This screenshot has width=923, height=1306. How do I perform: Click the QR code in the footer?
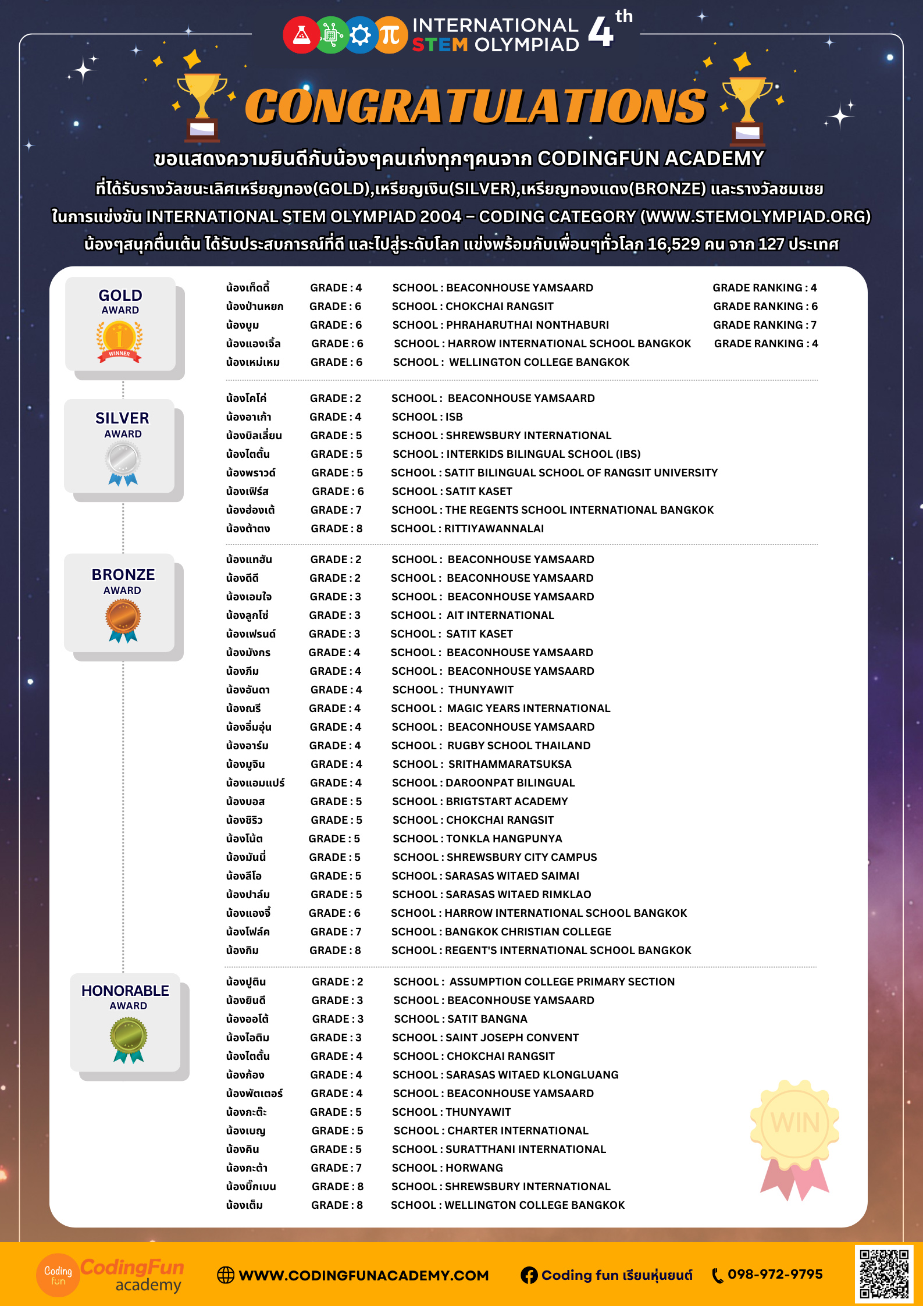coord(884,1273)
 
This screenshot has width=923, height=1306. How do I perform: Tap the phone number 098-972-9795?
coord(775,1274)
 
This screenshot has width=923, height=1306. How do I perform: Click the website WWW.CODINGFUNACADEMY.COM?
coord(364,1275)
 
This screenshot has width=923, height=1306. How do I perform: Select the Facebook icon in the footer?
coord(529,1275)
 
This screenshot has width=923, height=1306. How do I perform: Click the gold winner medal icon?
coord(120,341)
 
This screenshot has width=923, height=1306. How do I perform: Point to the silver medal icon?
coord(123,462)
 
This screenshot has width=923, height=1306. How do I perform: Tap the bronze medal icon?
coord(123,620)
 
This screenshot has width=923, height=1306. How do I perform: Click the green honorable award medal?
coord(129,1039)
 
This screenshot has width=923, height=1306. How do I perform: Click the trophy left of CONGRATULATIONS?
coord(202,106)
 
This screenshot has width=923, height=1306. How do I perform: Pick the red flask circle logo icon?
coord(301,35)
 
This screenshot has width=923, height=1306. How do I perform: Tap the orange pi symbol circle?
coord(390,35)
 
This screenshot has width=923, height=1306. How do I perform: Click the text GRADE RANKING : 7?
coord(765,325)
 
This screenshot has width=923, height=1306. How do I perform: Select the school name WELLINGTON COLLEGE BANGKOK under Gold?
coord(539,362)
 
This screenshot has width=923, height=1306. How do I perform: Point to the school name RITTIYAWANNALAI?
coord(494,529)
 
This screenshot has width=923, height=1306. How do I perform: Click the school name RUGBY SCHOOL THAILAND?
coord(519,746)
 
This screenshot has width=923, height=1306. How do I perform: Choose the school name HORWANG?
coord(474,1168)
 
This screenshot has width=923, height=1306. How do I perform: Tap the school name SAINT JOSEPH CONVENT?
coord(512,1038)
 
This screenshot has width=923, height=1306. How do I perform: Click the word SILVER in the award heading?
coord(122,418)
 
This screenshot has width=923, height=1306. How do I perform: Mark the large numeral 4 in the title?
coord(601,32)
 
